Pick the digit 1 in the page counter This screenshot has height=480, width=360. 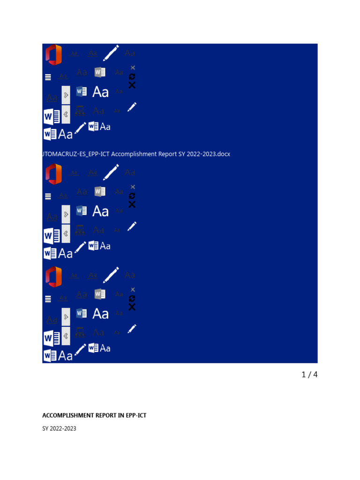point(303,375)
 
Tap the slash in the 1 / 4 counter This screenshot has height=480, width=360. point(309,375)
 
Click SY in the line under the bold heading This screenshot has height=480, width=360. point(45,428)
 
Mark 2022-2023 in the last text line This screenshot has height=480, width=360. point(64,428)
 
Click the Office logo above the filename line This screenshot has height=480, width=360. point(53,54)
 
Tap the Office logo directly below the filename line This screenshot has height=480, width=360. point(53,174)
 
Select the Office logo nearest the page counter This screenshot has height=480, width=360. point(53,277)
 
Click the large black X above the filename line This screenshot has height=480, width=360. point(132,85)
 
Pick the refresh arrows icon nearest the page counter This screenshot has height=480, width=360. point(132,298)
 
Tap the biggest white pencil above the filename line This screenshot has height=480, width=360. point(111,52)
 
